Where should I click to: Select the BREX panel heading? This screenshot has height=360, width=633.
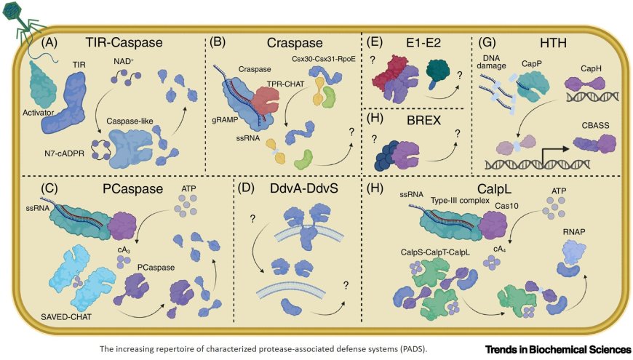[x=413, y=121]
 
